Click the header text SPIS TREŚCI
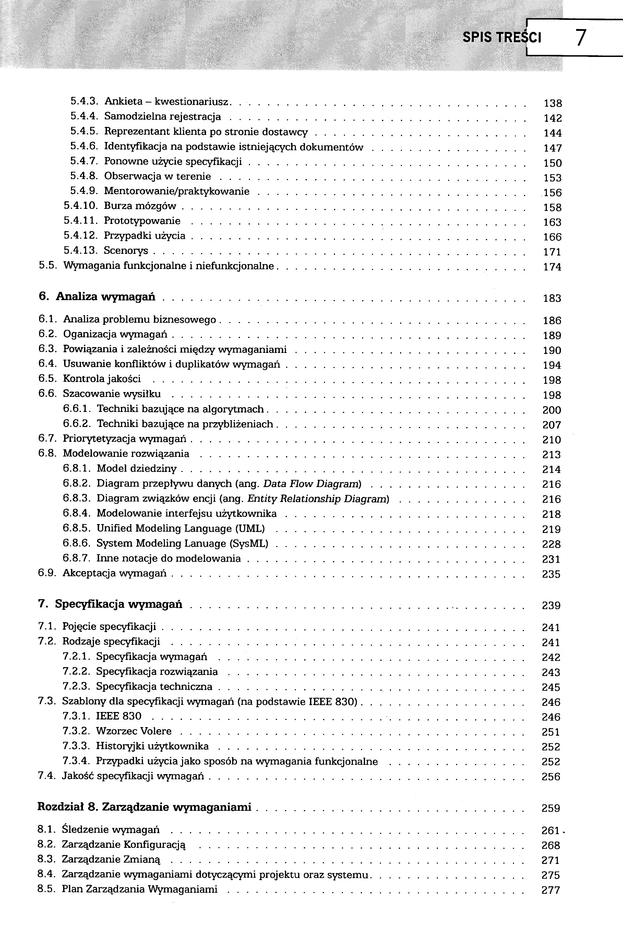click(x=502, y=37)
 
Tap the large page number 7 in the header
click(x=580, y=38)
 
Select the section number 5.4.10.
click(x=81, y=206)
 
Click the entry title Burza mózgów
click(x=140, y=206)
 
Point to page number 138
click(x=552, y=103)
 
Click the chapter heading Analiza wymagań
click(x=105, y=296)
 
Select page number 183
click(x=552, y=298)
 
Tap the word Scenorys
click(x=126, y=250)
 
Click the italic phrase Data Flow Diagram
click(x=311, y=484)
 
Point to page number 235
click(x=551, y=574)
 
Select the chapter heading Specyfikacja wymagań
click(x=118, y=604)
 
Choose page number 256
click(x=551, y=777)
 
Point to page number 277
click(x=551, y=890)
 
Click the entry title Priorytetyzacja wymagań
click(x=124, y=439)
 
